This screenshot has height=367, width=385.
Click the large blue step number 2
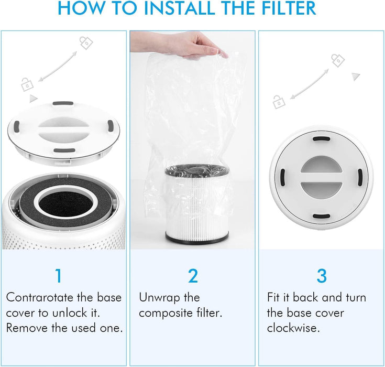(192, 276)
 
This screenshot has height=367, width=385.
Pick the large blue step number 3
(321, 276)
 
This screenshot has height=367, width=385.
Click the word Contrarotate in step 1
(40, 298)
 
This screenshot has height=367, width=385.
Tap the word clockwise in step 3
(293, 328)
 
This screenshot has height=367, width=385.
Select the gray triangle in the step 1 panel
(33, 98)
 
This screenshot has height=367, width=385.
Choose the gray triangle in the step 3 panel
(356, 77)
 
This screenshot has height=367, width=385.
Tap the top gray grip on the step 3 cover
(321, 139)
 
